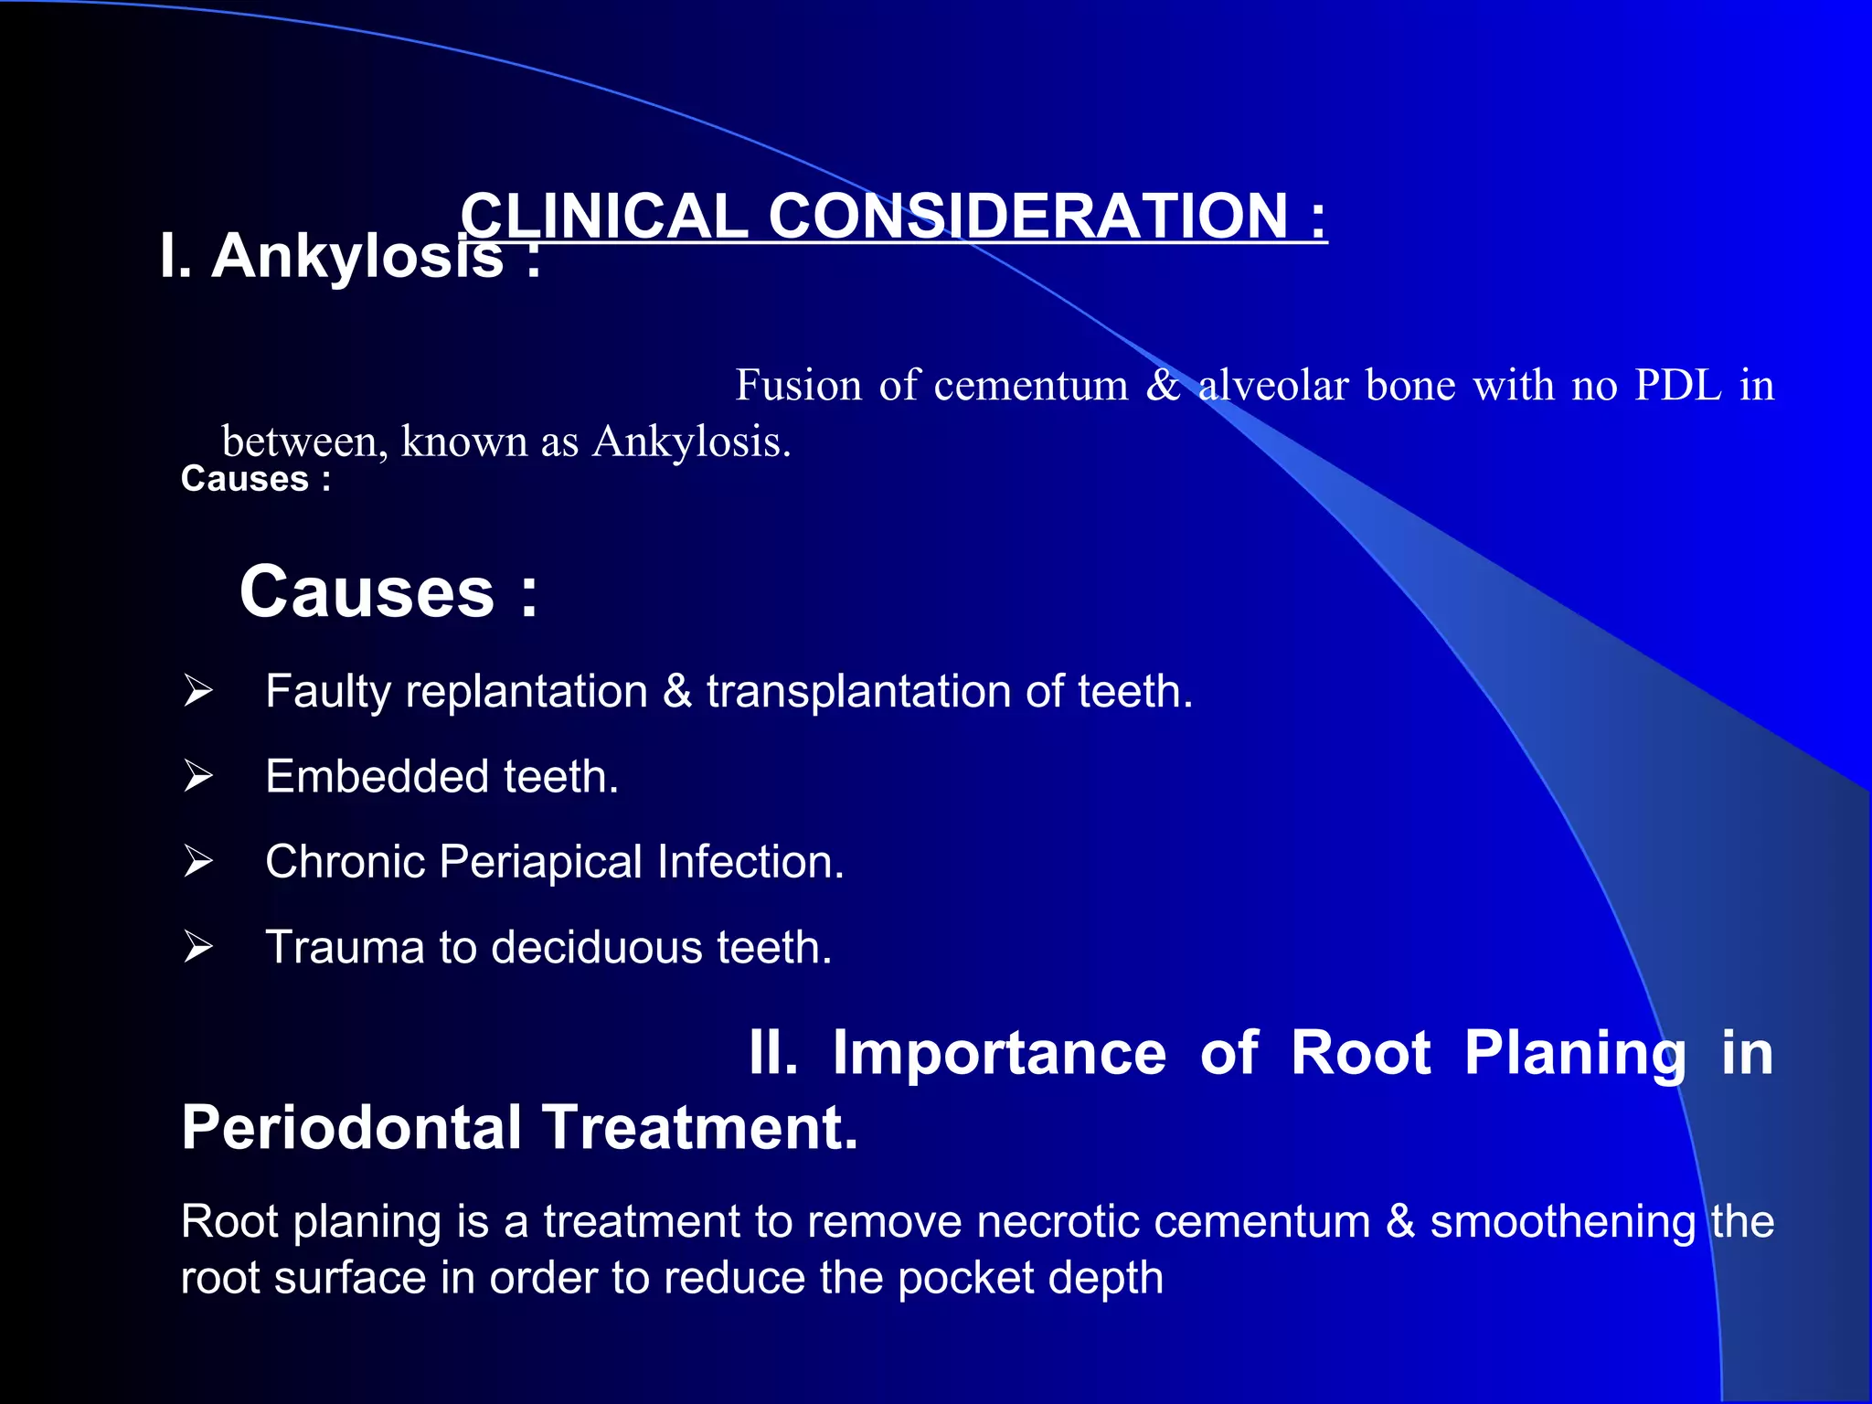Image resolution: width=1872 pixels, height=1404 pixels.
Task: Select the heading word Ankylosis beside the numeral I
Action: point(356,257)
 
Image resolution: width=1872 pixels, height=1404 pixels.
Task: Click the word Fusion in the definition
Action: point(798,386)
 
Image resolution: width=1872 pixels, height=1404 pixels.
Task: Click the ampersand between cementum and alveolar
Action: point(1163,386)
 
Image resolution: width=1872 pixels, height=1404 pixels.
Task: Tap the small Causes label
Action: point(245,480)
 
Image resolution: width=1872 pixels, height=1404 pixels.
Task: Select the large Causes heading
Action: point(367,592)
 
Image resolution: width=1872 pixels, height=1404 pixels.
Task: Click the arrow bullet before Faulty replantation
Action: point(197,690)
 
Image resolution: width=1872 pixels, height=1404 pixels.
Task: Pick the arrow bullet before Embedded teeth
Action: point(197,776)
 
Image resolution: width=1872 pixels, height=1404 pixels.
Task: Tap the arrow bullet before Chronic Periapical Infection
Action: point(197,861)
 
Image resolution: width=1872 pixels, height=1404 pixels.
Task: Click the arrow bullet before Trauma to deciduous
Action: point(197,946)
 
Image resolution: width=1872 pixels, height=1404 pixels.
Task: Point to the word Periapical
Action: point(540,862)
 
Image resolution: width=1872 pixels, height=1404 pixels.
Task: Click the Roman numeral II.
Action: point(773,1053)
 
